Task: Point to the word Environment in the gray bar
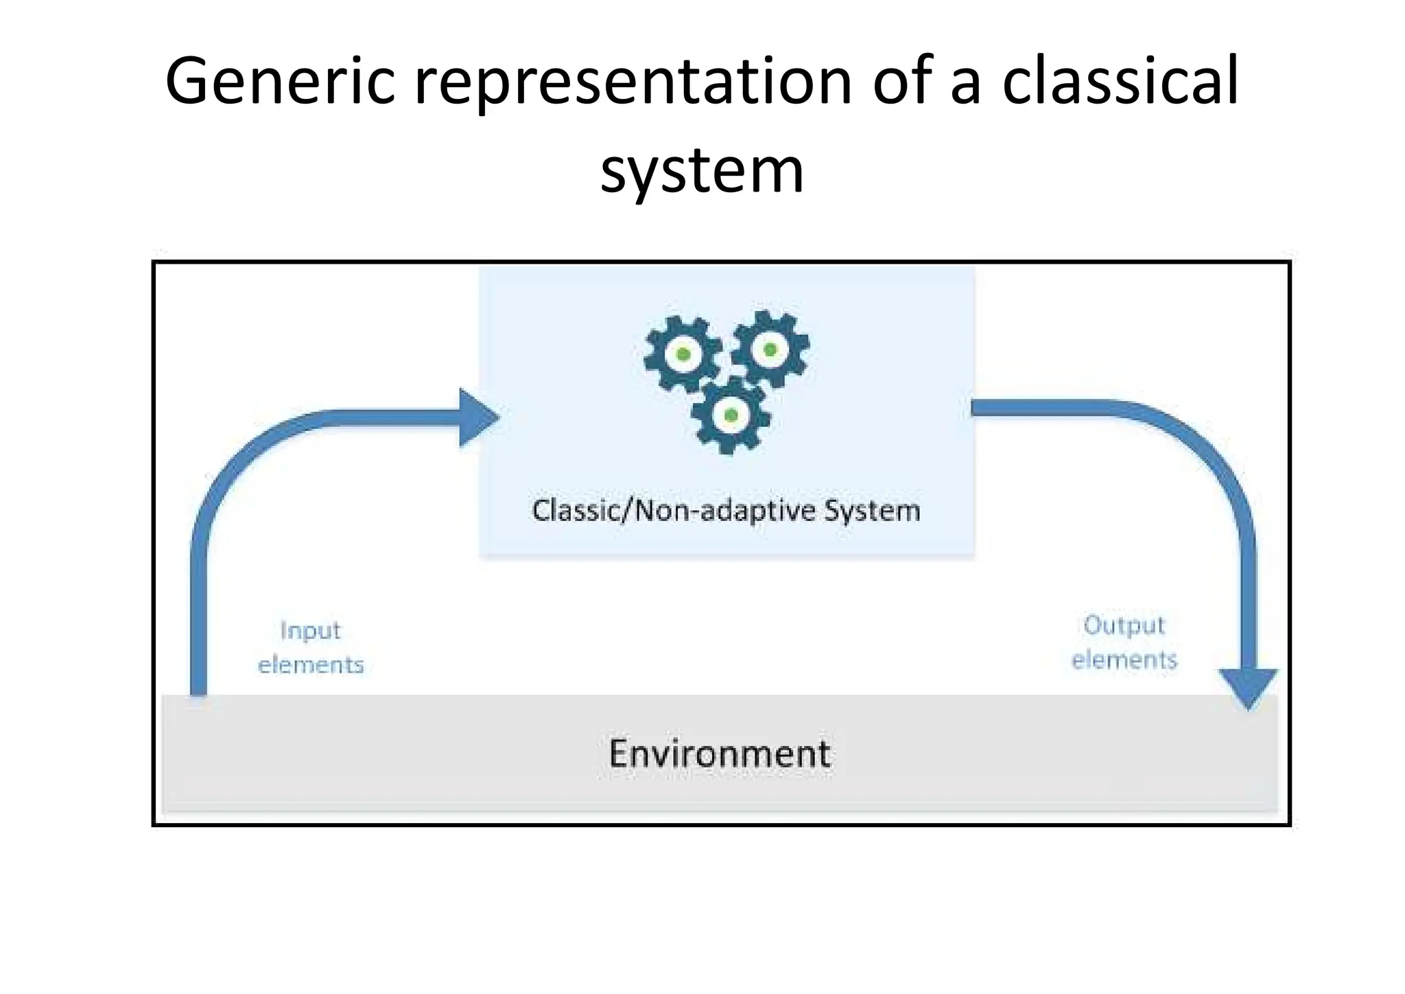pos(720,754)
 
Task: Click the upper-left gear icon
pos(683,354)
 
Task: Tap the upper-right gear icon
pos(770,349)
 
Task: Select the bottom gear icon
pos(730,415)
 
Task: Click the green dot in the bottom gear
pos(731,415)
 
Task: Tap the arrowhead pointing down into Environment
pos(1248,686)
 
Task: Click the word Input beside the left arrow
pos(310,630)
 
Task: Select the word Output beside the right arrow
pos(1124,625)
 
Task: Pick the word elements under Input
pos(311,664)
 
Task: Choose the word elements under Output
pos(1124,660)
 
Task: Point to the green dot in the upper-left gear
pos(683,354)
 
